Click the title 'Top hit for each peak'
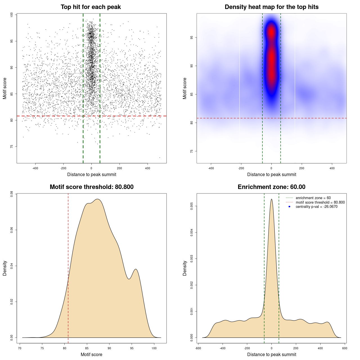pos(91,7)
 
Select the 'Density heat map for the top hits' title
pos(271,7)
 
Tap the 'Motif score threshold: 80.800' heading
pos(91,187)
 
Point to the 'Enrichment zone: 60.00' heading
pos(271,187)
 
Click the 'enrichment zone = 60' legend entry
pos(313,198)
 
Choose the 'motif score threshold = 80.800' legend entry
pos(320,202)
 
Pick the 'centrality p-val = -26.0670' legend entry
pos(316,207)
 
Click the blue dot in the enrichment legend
pos(289,207)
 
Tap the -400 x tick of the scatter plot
pos(35,168)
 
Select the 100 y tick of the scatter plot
pos(12,15)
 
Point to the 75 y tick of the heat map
pos(192,151)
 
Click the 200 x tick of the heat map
pos(302,168)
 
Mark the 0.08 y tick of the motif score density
pos(12,194)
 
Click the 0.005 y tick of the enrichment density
pos(192,206)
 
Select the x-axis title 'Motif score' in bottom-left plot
pos(91,355)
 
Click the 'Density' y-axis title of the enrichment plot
pos(185,268)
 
